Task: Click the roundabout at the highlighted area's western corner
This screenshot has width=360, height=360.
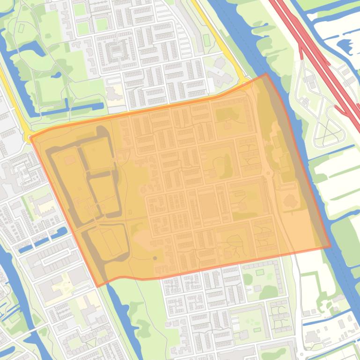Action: click(29, 137)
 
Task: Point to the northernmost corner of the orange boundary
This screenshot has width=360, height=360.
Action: click(266, 74)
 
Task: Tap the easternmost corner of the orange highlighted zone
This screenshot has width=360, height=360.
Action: click(330, 246)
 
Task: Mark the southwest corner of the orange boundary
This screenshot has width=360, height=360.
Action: click(97, 286)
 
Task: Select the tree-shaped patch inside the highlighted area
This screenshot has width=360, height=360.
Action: click(290, 201)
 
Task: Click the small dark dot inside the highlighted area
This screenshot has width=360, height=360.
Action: click(155, 258)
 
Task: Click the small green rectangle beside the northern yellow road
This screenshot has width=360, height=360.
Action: click(206, 40)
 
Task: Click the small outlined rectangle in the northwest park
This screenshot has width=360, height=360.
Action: click(21, 28)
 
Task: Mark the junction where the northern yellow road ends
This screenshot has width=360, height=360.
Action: click(244, 83)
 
